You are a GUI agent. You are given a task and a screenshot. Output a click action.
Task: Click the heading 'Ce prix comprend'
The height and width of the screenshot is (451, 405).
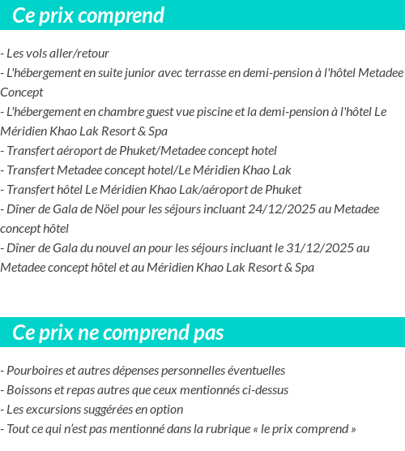(x=88, y=15)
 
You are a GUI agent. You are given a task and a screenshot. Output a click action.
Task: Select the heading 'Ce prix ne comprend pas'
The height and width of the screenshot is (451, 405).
(x=118, y=333)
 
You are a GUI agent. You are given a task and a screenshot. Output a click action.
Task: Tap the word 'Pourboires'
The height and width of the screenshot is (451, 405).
(x=32, y=371)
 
